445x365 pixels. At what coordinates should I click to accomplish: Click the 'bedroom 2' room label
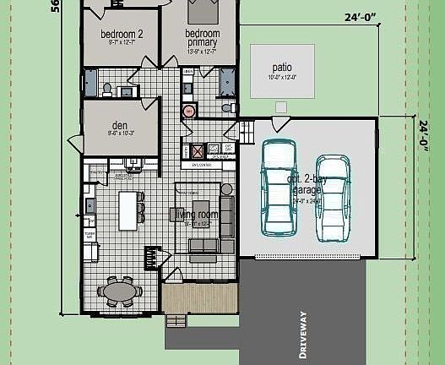click(x=122, y=35)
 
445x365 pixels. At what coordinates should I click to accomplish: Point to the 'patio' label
click(x=282, y=67)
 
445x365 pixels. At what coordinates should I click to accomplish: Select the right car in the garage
click(x=333, y=193)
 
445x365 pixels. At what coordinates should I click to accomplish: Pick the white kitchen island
click(x=128, y=210)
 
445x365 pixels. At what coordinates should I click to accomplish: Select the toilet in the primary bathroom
click(x=226, y=107)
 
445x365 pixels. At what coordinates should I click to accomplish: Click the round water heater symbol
click(x=189, y=110)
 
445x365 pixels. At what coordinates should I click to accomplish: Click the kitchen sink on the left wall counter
click(x=89, y=204)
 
